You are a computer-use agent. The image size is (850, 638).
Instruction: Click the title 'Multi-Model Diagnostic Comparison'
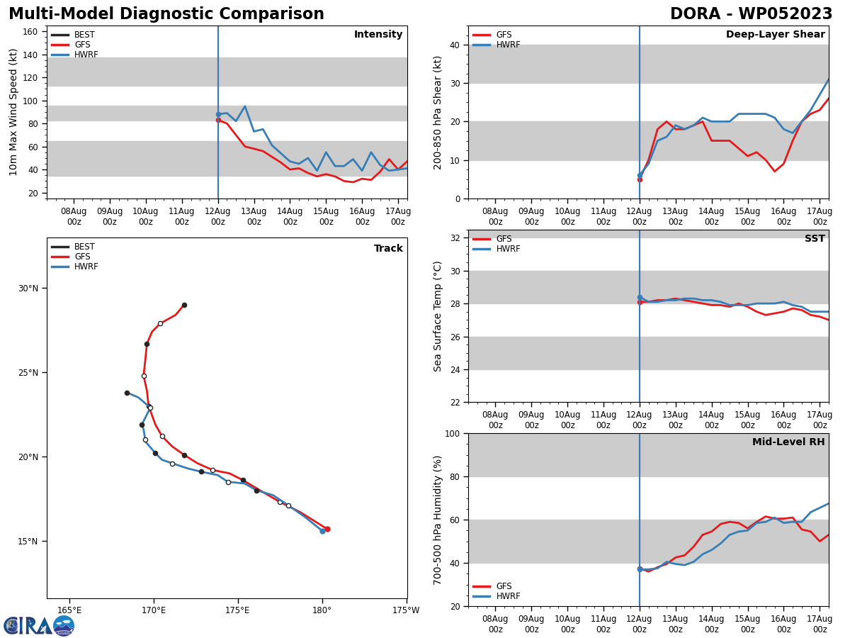tap(166, 14)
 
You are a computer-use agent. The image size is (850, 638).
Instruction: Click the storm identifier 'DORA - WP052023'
tap(751, 14)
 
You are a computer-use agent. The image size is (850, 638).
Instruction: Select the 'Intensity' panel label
tap(378, 35)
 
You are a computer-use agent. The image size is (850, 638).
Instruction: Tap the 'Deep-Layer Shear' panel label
tap(775, 35)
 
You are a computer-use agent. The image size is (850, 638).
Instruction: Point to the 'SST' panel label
tap(815, 239)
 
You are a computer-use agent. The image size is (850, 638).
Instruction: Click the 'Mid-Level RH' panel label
tap(788, 442)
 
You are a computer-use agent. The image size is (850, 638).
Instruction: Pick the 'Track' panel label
tap(388, 249)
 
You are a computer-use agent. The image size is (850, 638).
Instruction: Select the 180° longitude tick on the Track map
tap(322, 610)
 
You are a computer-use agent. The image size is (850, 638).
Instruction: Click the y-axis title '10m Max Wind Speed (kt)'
tap(13, 112)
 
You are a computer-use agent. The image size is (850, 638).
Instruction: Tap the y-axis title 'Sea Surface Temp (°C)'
tap(437, 316)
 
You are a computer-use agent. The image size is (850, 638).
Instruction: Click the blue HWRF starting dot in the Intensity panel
tap(218, 114)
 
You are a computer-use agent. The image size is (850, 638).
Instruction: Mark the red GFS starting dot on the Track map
tap(327, 529)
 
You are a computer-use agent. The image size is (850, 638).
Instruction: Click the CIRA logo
tap(39, 626)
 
